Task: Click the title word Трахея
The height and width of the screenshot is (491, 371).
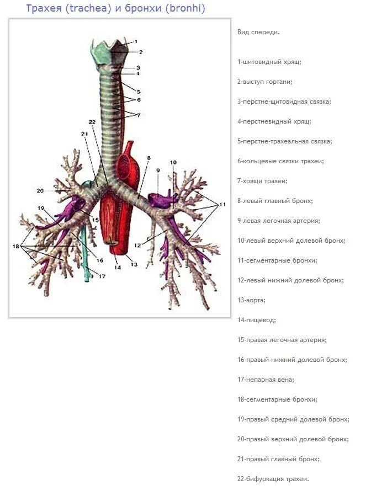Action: click(43, 9)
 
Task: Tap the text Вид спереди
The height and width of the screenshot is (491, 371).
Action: click(258, 32)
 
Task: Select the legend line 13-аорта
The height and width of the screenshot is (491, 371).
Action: click(251, 300)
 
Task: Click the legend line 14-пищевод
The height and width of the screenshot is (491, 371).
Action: click(256, 320)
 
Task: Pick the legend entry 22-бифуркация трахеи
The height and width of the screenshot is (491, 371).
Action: click(273, 479)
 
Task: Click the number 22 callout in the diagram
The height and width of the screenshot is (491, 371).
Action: click(92, 122)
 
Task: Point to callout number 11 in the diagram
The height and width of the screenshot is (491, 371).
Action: click(222, 205)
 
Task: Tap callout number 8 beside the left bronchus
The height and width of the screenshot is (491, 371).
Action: click(149, 159)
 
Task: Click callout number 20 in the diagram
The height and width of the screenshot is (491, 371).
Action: click(40, 191)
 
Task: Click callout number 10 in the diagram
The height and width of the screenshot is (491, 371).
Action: click(173, 163)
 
